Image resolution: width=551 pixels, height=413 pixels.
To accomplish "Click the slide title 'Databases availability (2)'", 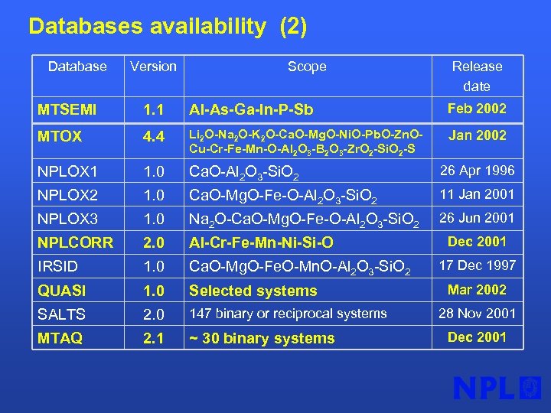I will coord(168,27).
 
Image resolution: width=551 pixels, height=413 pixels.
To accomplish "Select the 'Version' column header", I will coord(153,67).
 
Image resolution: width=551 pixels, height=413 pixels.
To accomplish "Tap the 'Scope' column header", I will coord(307,67).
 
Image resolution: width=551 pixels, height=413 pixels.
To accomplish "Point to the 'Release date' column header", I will coord(477,76).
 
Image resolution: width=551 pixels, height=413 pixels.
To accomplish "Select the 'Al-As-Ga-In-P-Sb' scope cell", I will coord(251,111).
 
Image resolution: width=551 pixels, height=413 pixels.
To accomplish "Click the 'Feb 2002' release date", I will coord(477,109).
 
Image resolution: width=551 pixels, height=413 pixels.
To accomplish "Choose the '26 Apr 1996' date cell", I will coord(477,171).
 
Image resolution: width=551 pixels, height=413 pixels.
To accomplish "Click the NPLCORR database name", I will coord(75,242).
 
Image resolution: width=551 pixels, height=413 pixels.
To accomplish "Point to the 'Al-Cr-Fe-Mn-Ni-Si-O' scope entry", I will coord(261,243).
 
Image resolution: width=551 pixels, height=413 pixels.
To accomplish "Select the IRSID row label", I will coord(60,267).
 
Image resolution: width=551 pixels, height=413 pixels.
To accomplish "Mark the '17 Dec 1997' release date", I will coord(477,265).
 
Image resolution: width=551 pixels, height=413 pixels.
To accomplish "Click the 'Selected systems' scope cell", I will coord(253,291).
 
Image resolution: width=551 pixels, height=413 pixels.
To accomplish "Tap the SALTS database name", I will coord(62,314).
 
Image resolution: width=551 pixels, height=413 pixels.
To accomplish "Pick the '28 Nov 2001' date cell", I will coord(477,313).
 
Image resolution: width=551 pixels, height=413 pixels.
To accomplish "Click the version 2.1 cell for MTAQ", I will coord(153,338).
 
